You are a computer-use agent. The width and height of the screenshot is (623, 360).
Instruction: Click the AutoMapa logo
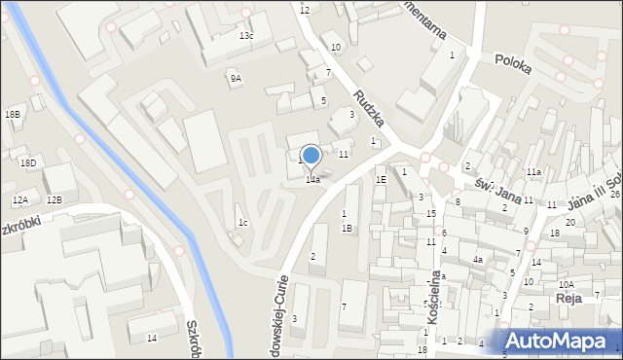click(x=561, y=341)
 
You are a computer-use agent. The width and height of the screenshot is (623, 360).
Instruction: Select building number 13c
click(x=246, y=36)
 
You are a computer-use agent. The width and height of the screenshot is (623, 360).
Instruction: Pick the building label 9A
click(x=236, y=78)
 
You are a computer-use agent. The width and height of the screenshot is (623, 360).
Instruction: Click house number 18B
click(x=13, y=115)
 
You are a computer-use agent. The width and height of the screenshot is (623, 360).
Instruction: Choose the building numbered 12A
click(x=20, y=199)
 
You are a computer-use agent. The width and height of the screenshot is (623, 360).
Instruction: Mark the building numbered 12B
click(x=55, y=199)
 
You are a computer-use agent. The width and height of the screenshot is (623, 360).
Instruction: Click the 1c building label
click(x=243, y=223)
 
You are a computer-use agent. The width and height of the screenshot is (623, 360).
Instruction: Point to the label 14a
click(x=312, y=180)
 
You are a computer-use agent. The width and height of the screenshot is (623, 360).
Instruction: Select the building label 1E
click(x=382, y=179)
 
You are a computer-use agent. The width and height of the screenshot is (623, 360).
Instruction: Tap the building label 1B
click(x=347, y=228)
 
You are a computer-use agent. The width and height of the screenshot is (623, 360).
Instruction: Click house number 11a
click(x=534, y=172)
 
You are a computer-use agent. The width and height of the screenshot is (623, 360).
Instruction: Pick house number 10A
click(x=567, y=284)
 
